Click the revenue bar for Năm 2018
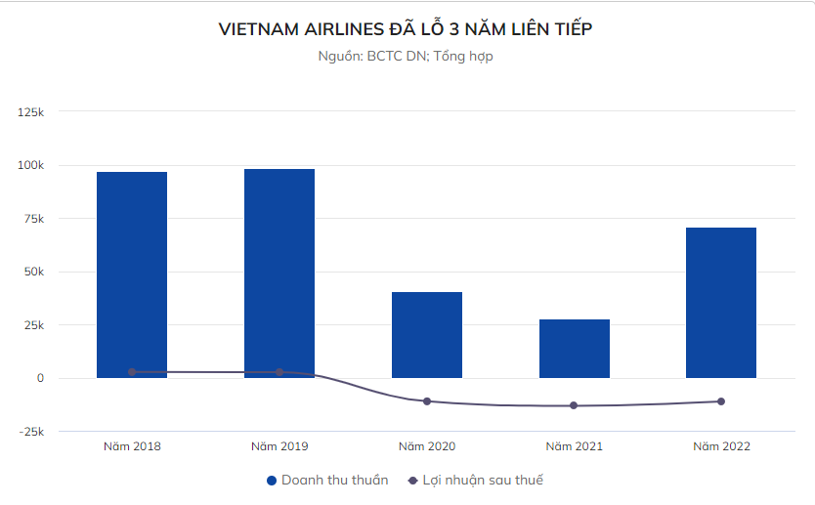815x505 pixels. point(132,274)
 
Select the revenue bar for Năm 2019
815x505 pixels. point(279,273)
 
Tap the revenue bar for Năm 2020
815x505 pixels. point(427,334)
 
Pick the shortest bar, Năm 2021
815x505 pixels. point(575,348)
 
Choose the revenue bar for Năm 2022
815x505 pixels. point(721,302)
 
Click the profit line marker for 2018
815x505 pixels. point(132,372)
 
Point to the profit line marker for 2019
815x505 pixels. point(279,372)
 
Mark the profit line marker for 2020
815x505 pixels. point(427,401)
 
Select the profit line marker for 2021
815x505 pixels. point(574,405)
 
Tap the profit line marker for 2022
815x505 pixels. point(721,401)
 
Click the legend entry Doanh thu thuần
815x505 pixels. point(327,480)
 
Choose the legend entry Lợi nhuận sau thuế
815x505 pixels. point(475,480)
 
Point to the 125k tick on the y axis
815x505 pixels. point(31,112)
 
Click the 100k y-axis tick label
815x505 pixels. point(31,165)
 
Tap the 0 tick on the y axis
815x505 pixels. point(40,378)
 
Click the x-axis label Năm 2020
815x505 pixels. point(427,446)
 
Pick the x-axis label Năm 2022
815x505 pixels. point(721,446)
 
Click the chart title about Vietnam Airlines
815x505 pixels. point(407,30)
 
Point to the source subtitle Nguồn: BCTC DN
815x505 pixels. point(406,57)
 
